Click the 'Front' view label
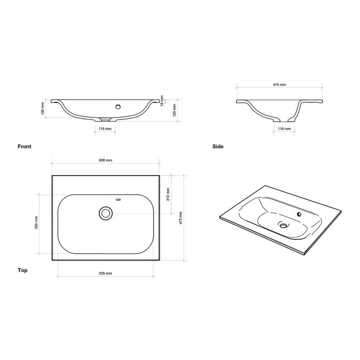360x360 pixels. tap(25, 147)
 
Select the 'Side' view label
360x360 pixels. tap(218, 147)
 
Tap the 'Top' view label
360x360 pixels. tap(22, 270)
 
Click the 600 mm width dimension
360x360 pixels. tap(105, 161)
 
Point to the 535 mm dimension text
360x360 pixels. tap(105, 274)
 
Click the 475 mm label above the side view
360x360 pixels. tap(279, 85)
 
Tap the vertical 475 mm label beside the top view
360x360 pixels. tap(181, 218)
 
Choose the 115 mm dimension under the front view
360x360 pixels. tap(105, 128)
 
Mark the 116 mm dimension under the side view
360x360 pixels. tap(284, 128)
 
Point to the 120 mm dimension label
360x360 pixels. tap(174, 111)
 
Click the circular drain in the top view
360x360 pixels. tap(105, 213)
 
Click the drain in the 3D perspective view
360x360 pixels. tap(282, 224)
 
